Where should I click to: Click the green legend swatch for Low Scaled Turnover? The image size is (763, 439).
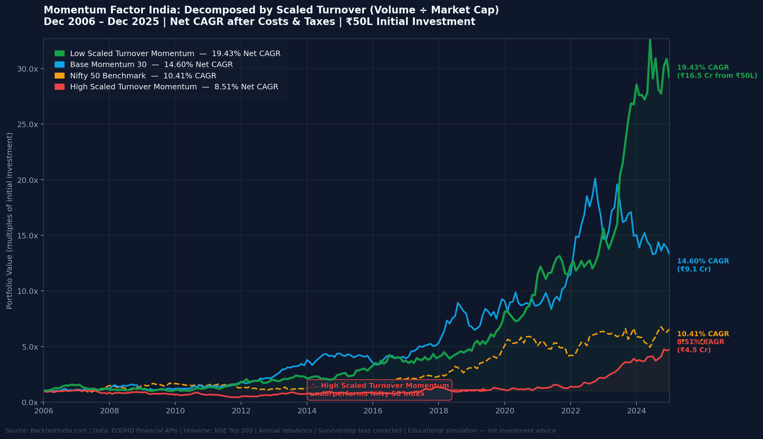pyautogui.click(x=59, y=54)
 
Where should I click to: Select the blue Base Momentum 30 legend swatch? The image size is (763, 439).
pyautogui.click(x=59, y=65)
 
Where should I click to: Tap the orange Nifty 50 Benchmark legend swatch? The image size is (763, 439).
pyautogui.click(x=59, y=76)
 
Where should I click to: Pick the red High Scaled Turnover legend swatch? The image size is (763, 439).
pyautogui.click(x=59, y=87)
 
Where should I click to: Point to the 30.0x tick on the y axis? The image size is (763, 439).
pyautogui.click(x=27, y=69)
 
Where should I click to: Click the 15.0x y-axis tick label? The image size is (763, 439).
pyautogui.click(x=27, y=236)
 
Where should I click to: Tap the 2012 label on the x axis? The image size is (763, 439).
pyautogui.click(x=241, y=411)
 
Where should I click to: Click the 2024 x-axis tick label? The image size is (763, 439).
pyautogui.click(x=636, y=411)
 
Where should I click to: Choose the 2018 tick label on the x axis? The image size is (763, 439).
pyautogui.click(x=439, y=411)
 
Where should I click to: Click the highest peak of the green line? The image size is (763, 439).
pyautogui.click(x=650, y=40)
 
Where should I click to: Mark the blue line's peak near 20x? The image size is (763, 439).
pyautogui.click(x=595, y=179)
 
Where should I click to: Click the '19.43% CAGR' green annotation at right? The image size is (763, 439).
pyautogui.click(x=703, y=68)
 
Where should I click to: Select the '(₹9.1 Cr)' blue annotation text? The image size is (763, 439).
pyautogui.click(x=694, y=269)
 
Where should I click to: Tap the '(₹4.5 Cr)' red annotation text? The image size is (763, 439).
pyautogui.click(x=694, y=350)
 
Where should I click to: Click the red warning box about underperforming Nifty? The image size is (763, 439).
pyautogui.click(x=379, y=390)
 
